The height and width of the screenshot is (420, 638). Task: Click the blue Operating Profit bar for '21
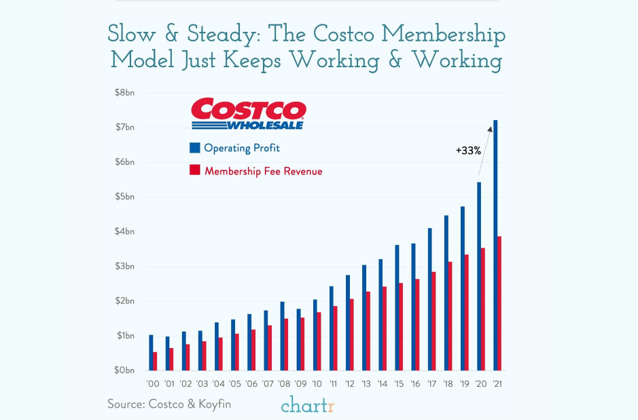pos(495,245)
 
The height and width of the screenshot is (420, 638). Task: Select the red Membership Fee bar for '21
pos(499,303)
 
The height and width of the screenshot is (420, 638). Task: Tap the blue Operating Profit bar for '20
pos(479,276)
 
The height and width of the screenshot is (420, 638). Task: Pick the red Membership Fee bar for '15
pos(401,326)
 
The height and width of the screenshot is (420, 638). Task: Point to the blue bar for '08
pos(282,336)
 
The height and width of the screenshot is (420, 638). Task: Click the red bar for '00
pos(155,361)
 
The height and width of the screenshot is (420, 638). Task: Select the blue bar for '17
pos(429,299)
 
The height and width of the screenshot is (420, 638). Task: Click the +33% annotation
pos(468,151)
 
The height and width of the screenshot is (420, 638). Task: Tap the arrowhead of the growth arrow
pos(490,129)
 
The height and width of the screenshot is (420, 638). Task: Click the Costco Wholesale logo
pos(249,113)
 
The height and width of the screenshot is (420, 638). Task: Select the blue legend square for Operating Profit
pos(195,147)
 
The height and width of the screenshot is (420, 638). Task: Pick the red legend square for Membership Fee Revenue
pos(195,170)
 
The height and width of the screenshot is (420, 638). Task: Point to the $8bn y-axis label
pos(124,92)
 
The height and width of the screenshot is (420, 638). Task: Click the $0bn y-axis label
pos(124,370)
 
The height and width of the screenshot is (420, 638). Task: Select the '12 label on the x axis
pos(349,384)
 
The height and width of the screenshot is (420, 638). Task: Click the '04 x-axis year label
pos(219,384)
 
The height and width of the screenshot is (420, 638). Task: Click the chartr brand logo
pos(308,404)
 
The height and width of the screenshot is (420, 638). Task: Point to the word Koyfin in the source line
pos(215,404)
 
